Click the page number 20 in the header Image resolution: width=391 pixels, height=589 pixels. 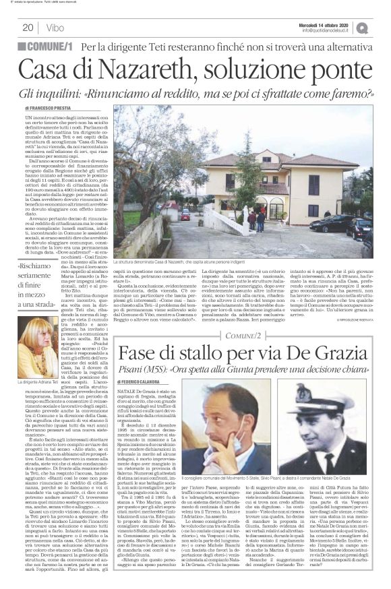pyautogui.click(x=28, y=28)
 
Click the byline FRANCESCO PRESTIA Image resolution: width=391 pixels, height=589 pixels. pyautogui.click(x=53, y=108)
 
